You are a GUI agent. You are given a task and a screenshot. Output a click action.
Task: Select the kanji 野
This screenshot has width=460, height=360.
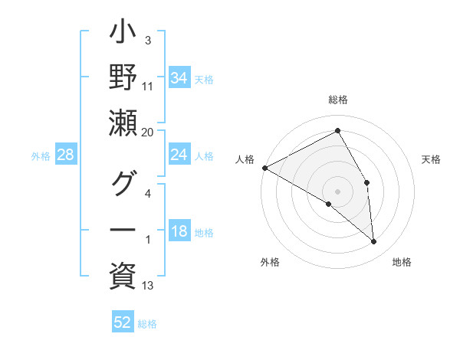click(123, 78)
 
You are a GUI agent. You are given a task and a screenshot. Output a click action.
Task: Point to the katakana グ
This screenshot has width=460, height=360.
click(123, 185)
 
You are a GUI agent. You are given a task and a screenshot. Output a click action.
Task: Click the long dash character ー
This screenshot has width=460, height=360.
click(123, 229)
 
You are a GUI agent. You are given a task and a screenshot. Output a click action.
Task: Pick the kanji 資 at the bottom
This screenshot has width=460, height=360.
click(123, 273)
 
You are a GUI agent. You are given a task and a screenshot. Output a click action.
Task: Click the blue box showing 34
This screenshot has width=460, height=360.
click(179, 78)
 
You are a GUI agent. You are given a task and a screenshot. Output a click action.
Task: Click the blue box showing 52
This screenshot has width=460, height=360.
click(123, 322)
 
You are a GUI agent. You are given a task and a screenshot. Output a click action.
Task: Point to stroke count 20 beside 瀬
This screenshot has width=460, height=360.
click(148, 132)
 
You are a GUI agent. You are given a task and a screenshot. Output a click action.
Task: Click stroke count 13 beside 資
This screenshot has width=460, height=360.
click(148, 286)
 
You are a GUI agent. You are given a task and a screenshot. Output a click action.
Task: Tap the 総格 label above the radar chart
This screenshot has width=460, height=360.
click(338, 100)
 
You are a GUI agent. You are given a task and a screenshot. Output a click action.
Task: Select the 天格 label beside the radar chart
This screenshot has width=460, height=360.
click(432, 159)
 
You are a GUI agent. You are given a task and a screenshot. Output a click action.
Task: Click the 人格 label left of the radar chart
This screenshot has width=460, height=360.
click(245, 159)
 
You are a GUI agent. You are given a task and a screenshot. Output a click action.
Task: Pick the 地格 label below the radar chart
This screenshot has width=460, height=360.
click(402, 263)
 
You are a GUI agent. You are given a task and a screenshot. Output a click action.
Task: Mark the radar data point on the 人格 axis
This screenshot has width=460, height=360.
click(264, 168)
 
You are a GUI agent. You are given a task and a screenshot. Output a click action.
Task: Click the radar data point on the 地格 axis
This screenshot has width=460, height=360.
click(374, 242)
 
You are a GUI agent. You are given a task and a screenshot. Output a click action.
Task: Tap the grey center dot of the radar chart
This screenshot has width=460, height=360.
click(338, 191)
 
